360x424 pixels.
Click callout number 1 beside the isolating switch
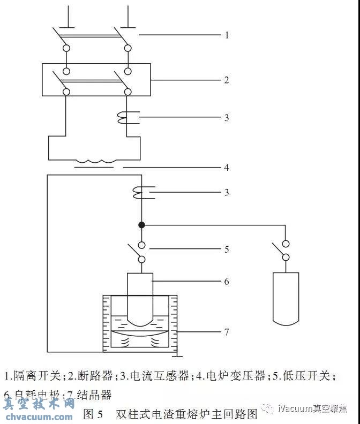coord(227,35)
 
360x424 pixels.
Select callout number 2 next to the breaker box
coord(227,80)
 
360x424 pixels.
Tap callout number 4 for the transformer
coord(227,168)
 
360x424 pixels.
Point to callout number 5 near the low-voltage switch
coord(227,249)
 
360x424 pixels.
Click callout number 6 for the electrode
coord(227,281)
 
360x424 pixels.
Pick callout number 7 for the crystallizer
coord(227,332)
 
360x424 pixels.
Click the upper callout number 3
coord(227,118)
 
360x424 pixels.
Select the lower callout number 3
coord(227,192)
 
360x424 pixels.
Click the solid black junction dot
coord(141,224)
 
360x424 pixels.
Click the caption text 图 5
coord(93,414)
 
